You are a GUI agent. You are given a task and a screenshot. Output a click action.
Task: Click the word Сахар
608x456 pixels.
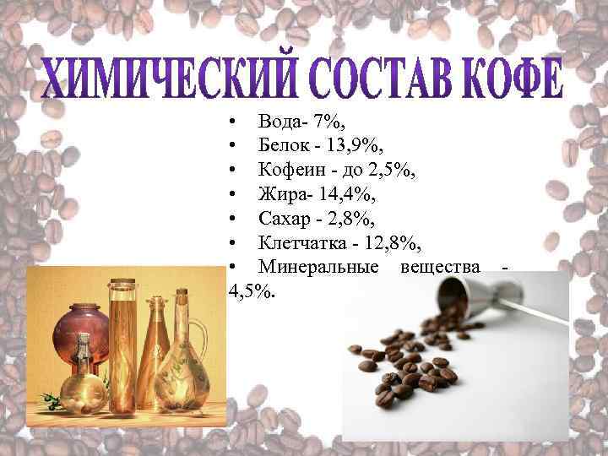tap(284, 220)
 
